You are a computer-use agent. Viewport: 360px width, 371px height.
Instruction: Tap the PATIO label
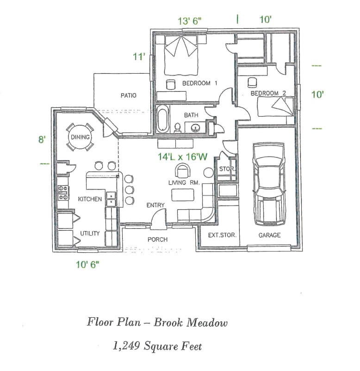128,95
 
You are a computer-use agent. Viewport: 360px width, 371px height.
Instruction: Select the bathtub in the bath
162,119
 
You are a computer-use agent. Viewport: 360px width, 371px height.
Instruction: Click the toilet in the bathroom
177,127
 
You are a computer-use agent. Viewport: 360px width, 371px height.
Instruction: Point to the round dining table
80,138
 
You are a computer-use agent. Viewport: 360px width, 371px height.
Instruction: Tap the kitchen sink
111,198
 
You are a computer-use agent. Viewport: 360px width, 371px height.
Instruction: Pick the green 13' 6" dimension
190,21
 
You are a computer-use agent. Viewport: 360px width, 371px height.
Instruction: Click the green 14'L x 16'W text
182,157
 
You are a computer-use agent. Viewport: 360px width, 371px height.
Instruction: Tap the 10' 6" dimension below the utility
87,264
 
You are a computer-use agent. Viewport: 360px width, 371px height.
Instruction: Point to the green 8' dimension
42,139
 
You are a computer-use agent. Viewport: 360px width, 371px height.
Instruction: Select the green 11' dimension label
139,57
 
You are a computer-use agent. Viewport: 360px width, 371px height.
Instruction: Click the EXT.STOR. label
222,235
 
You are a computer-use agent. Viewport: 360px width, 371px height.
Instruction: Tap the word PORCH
157,239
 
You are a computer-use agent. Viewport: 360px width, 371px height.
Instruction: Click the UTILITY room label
90,233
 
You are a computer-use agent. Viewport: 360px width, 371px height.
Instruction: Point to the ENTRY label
155,205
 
